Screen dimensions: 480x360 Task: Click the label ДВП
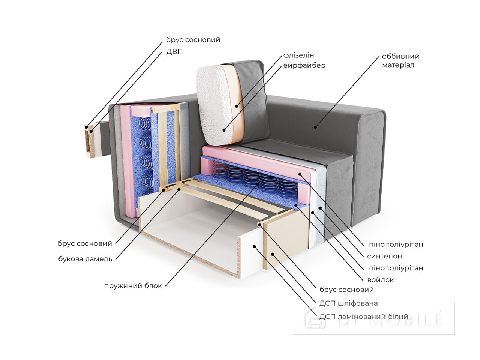174,52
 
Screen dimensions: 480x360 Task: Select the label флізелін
298,55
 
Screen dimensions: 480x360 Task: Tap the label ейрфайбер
304,65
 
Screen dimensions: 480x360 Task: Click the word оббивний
400,56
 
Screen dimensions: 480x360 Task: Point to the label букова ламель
85,259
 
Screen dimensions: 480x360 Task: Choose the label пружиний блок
133,286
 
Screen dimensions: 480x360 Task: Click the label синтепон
384,256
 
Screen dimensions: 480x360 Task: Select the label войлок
381,280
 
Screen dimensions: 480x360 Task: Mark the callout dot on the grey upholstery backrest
315,127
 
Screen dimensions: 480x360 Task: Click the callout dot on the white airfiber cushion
224,130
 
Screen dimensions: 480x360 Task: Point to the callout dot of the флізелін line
237,106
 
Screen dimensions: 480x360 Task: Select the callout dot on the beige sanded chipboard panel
273,254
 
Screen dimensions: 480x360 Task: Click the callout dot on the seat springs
258,184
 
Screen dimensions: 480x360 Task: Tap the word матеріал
398,65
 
